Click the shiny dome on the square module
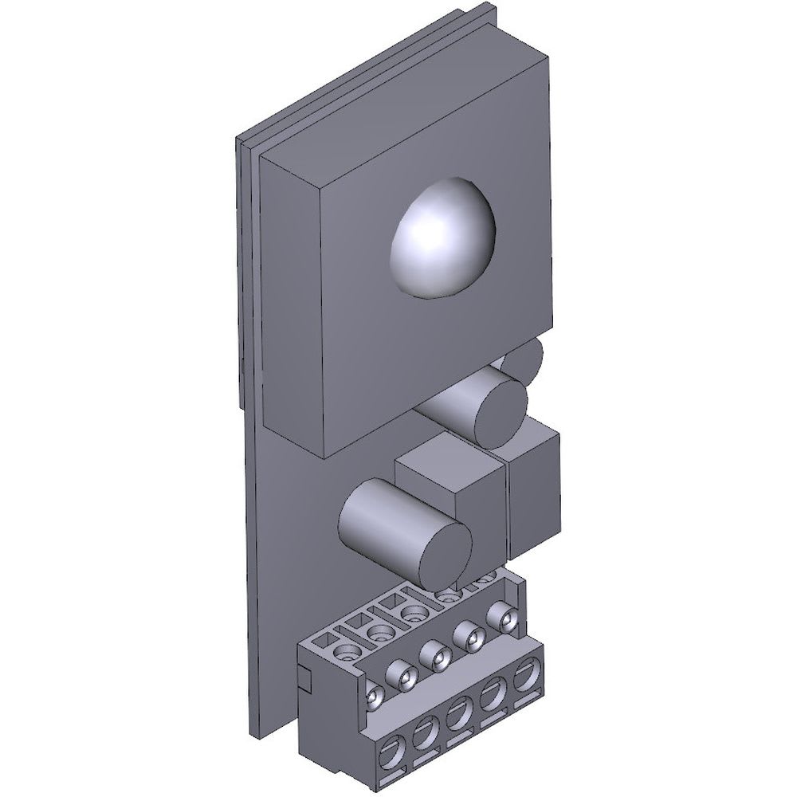coord(442,238)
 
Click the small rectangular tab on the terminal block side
coord(303,677)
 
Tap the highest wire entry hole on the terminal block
coord(526,677)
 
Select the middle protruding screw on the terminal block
coord(437,655)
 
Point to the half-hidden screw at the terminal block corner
coord(373,697)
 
